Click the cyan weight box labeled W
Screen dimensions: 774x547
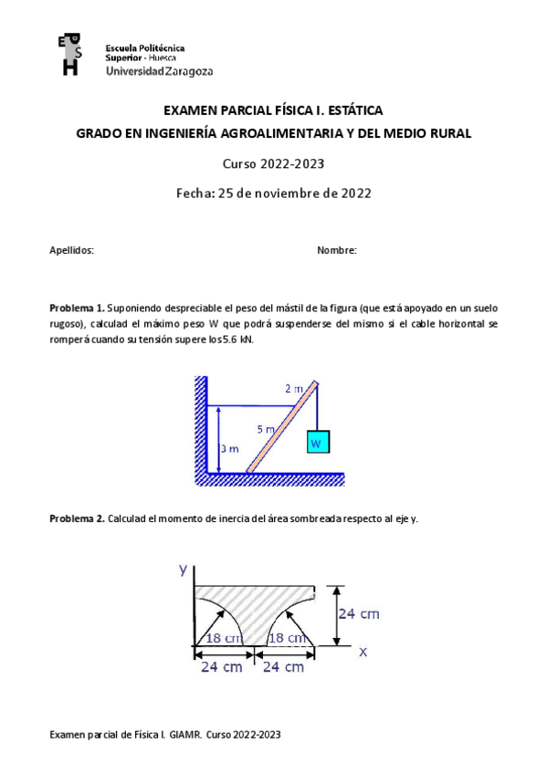click(317, 443)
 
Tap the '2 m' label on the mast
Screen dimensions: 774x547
click(294, 389)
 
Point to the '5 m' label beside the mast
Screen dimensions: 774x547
click(265, 427)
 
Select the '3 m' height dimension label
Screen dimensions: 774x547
click(230, 448)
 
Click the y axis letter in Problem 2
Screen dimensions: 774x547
click(184, 569)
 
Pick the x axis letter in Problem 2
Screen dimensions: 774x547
click(363, 651)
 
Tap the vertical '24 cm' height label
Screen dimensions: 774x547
click(359, 613)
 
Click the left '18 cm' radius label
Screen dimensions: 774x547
click(223, 638)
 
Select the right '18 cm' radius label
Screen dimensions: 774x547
click(286, 638)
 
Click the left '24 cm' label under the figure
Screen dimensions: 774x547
click(222, 667)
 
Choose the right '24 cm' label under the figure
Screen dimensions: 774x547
click(283, 667)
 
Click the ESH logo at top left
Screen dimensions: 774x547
click(69, 55)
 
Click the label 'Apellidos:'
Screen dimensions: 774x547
click(71, 250)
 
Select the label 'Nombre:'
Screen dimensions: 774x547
click(336, 250)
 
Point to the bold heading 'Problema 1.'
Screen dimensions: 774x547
click(78, 309)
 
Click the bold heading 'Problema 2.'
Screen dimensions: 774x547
click(78, 518)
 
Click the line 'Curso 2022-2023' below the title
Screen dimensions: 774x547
click(274, 164)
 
